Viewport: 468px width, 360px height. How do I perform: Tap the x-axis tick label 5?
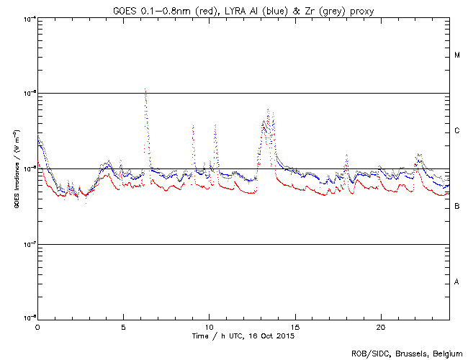coord(123,327)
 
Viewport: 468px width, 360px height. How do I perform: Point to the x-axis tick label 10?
coord(209,327)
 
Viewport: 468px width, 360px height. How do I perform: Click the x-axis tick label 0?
coord(37,327)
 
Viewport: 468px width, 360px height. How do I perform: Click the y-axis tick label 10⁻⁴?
coord(30,18)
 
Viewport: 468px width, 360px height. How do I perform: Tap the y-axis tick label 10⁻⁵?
coord(30,94)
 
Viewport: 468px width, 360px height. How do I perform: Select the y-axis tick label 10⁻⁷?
coord(30,245)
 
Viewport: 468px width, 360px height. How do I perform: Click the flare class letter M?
coord(457,55)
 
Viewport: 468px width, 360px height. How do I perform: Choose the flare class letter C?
coord(457,131)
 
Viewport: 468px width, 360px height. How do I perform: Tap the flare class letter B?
coord(457,207)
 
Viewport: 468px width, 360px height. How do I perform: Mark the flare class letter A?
coord(457,282)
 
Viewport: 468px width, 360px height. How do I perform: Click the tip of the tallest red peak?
coord(145,89)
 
